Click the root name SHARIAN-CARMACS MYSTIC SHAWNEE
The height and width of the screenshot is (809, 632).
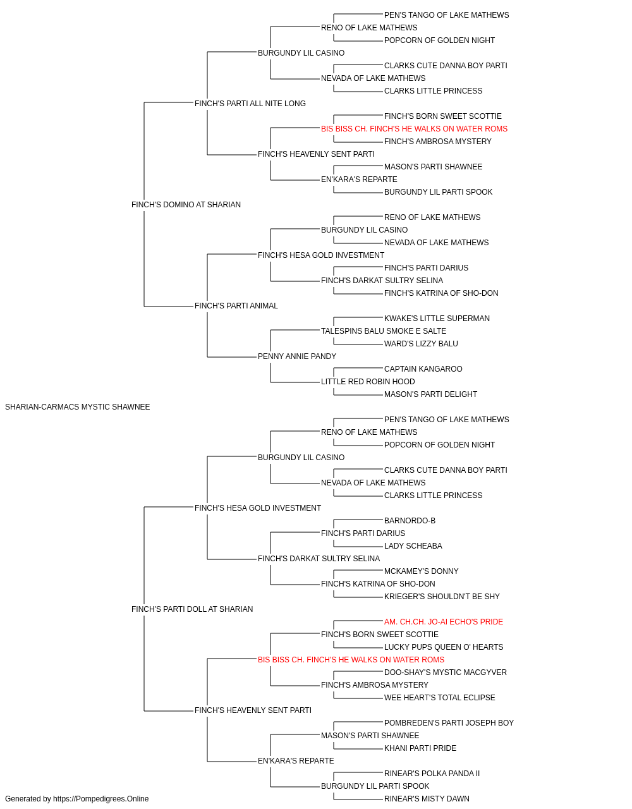point(77,407)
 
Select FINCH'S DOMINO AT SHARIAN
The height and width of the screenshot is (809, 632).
point(186,205)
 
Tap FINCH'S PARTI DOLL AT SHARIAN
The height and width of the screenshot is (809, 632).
point(192,609)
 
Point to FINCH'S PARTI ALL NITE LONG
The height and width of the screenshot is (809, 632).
point(250,104)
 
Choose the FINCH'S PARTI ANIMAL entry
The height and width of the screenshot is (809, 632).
point(236,306)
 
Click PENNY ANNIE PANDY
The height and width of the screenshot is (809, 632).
point(297,356)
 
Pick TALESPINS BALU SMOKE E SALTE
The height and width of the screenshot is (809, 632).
point(384,331)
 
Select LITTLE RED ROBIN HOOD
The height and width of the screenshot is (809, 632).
point(368,382)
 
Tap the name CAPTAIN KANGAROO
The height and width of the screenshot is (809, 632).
point(423,369)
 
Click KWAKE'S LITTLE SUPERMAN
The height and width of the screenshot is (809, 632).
point(437,319)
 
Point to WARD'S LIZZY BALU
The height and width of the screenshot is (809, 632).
point(421,344)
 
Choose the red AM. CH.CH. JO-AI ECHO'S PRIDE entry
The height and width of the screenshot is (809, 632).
point(444,622)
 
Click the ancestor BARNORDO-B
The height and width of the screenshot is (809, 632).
point(410,520)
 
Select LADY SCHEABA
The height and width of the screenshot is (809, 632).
point(413,546)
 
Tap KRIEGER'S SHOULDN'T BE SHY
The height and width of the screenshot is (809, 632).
point(442,597)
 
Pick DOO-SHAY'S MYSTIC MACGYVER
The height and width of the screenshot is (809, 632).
point(446,672)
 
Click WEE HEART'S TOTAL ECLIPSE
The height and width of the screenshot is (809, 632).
point(440,698)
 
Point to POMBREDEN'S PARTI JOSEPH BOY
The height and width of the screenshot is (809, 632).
point(449,723)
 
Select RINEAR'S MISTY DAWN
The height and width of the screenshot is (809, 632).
point(427,799)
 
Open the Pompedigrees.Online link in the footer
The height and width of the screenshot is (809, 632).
point(101,799)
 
